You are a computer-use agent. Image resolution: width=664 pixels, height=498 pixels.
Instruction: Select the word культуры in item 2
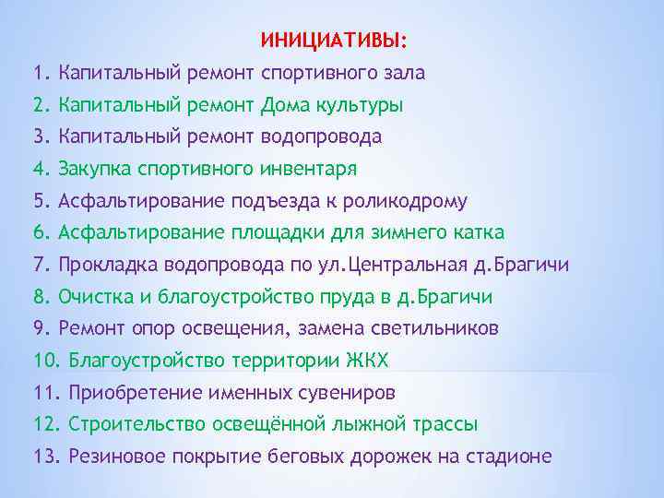pyautogui.click(x=360, y=105)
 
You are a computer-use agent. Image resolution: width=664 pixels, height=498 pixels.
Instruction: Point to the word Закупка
pyautogui.click(x=94, y=169)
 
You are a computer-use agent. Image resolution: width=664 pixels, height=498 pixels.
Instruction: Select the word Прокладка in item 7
pyautogui.click(x=108, y=266)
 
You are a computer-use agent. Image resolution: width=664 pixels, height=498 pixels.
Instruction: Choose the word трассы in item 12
pyautogui.click(x=445, y=425)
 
